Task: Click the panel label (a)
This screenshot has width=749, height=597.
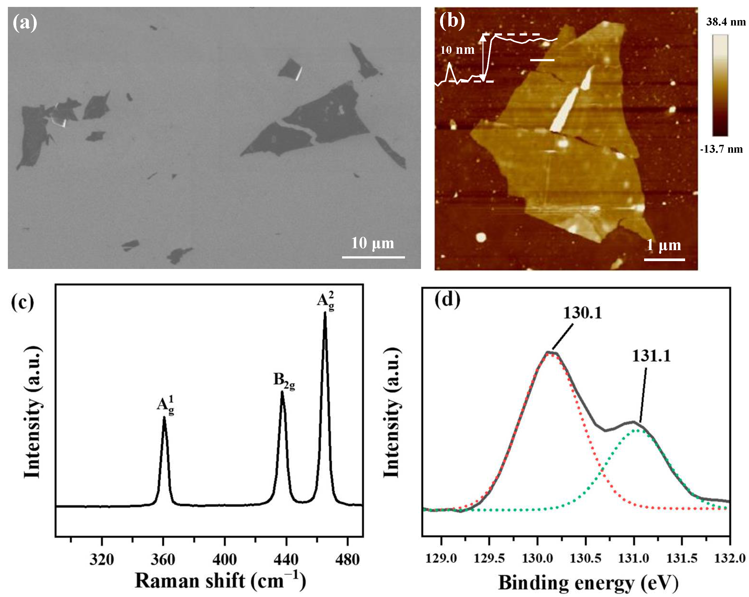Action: (x=25, y=23)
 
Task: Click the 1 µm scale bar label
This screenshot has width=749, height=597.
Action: (x=663, y=245)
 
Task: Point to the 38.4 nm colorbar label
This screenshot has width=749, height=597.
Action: (x=726, y=22)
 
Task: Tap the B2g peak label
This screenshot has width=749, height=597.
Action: (x=284, y=381)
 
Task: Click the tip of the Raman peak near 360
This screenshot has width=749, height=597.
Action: (x=164, y=418)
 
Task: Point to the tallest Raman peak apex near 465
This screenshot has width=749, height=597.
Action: (x=325, y=313)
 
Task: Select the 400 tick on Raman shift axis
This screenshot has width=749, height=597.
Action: (x=225, y=559)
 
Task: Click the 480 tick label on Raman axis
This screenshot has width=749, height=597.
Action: (x=347, y=559)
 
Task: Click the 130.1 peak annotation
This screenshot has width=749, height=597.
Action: (x=582, y=313)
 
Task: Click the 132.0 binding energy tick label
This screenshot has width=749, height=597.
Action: (x=729, y=558)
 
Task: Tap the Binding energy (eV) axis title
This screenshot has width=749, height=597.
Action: (x=588, y=582)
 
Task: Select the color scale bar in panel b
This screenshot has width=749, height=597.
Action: (x=720, y=85)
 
